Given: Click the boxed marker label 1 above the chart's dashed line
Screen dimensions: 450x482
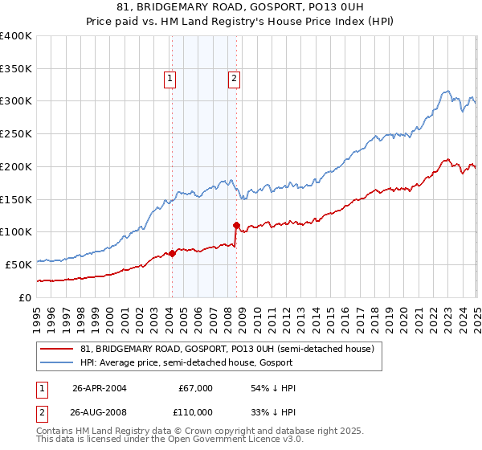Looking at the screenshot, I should click(x=171, y=79).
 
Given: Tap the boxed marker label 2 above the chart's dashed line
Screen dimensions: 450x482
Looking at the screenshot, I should click(x=233, y=79).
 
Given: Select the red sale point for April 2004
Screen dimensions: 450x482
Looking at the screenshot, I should click(x=172, y=253).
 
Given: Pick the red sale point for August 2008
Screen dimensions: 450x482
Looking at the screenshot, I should click(x=236, y=225).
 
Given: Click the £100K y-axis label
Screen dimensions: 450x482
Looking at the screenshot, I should click(x=16, y=231).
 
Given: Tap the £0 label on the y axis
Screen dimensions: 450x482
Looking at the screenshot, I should click(x=24, y=297).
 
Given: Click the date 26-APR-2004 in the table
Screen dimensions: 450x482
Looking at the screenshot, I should click(x=100, y=388).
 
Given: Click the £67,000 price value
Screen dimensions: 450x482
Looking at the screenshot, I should click(x=196, y=388).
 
